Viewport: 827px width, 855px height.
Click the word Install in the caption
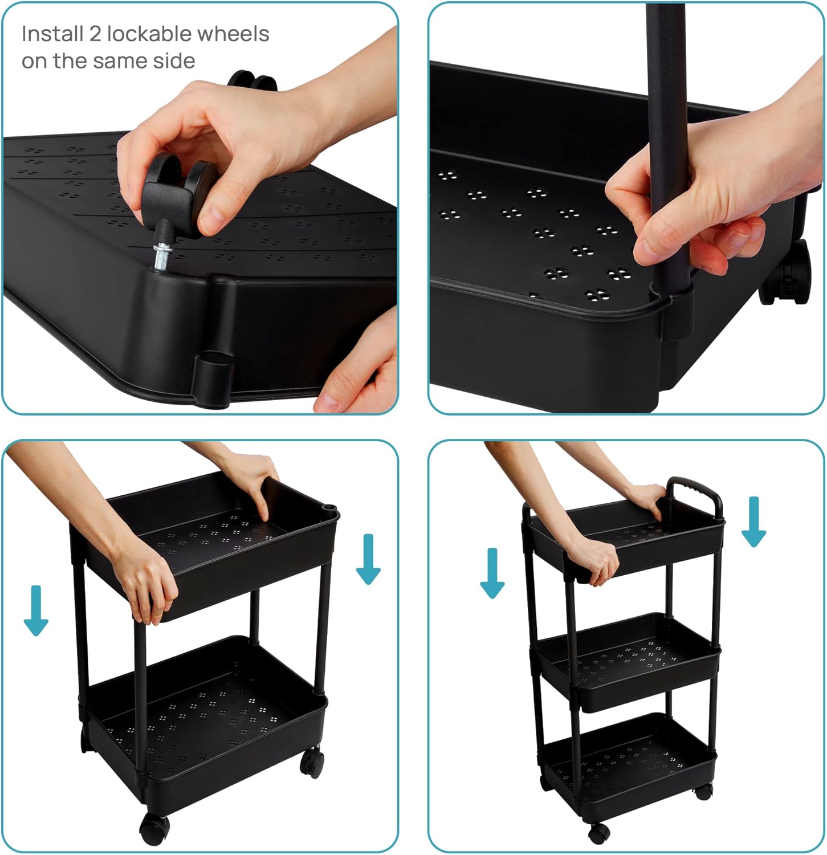(52, 35)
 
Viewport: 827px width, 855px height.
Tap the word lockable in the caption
(140, 34)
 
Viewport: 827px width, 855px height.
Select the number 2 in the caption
(95, 35)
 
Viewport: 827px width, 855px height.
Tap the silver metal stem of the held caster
(160, 253)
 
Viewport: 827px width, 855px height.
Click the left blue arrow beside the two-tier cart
(36, 610)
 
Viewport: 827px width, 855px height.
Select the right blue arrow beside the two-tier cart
(368, 559)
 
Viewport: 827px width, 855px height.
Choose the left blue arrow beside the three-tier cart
(492, 573)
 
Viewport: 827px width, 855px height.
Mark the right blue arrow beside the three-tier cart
(753, 522)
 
